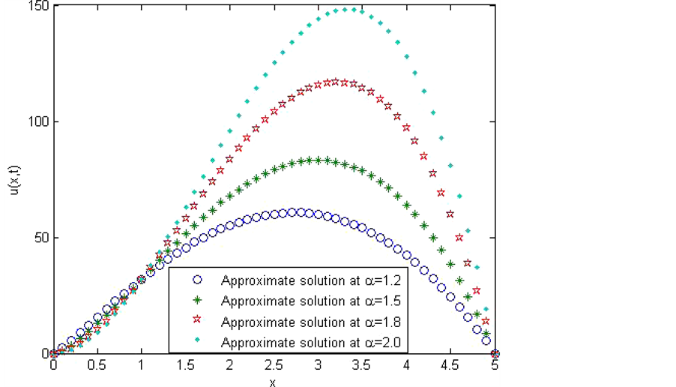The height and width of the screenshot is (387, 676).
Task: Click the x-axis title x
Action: (274, 381)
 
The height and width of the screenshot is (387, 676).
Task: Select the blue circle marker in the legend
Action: (198, 280)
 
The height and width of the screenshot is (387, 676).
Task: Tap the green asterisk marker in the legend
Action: (198, 300)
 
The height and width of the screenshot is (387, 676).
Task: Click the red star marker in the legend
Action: (198, 321)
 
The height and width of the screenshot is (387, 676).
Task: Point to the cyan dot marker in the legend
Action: (198, 341)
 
